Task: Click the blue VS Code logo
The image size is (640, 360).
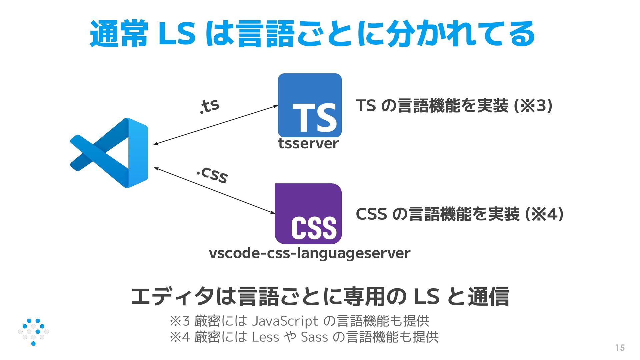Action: click(110, 153)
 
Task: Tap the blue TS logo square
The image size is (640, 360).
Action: click(310, 105)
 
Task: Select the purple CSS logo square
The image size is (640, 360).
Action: click(308, 214)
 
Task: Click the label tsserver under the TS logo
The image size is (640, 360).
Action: click(308, 144)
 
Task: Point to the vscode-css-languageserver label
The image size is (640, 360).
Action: click(309, 253)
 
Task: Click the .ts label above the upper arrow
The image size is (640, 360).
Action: click(210, 106)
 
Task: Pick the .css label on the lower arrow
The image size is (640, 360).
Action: click(212, 175)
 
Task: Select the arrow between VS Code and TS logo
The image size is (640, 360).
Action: click(216, 125)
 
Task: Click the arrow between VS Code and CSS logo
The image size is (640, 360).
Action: click(214, 190)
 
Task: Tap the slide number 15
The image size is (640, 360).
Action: click(620, 348)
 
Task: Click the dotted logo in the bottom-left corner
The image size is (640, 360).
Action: click(33, 332)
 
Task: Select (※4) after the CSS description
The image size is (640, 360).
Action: click(544, 214)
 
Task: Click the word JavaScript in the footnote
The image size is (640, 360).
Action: click(285, 321)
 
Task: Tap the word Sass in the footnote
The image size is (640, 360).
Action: click(315, 337)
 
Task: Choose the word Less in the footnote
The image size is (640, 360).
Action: click(265, 337)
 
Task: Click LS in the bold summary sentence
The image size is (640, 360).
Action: click(426, 296)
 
